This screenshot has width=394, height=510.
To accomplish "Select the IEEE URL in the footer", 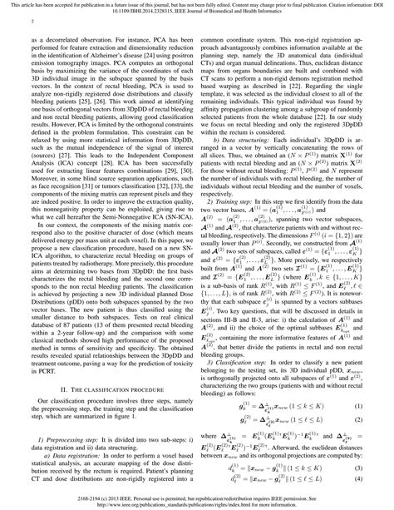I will (x=197, y=503).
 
